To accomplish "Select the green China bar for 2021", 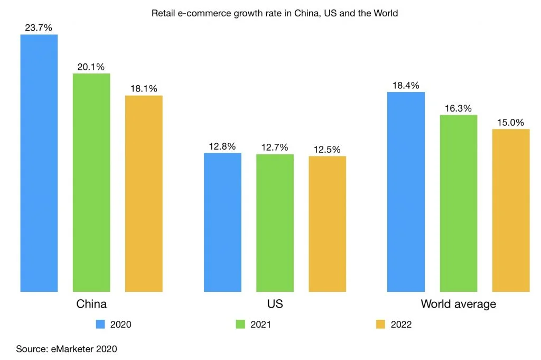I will [x=91, y=182].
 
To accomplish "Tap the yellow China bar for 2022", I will [x=144, y=193].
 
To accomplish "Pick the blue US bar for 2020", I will [x=222, y=222].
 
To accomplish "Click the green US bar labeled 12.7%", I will [x=275, y=223].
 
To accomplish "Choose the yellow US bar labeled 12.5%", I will [x=327, y=224].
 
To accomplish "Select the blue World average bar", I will [x=406, y=191].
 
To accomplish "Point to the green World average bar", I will [x=458, y=203].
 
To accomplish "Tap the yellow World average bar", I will [x=510, y=210].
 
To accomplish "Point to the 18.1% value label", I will [x=144, y=89].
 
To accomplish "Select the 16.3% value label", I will [x=458, y=108].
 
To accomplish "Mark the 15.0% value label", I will [x=510, y=123].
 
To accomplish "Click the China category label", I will [x=91, y=304].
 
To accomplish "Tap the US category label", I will [x=275, y=304].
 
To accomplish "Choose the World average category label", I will [x=458, y=304].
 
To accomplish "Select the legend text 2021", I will [x=261, y=325].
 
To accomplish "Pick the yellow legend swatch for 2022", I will [x=380, y=325].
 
